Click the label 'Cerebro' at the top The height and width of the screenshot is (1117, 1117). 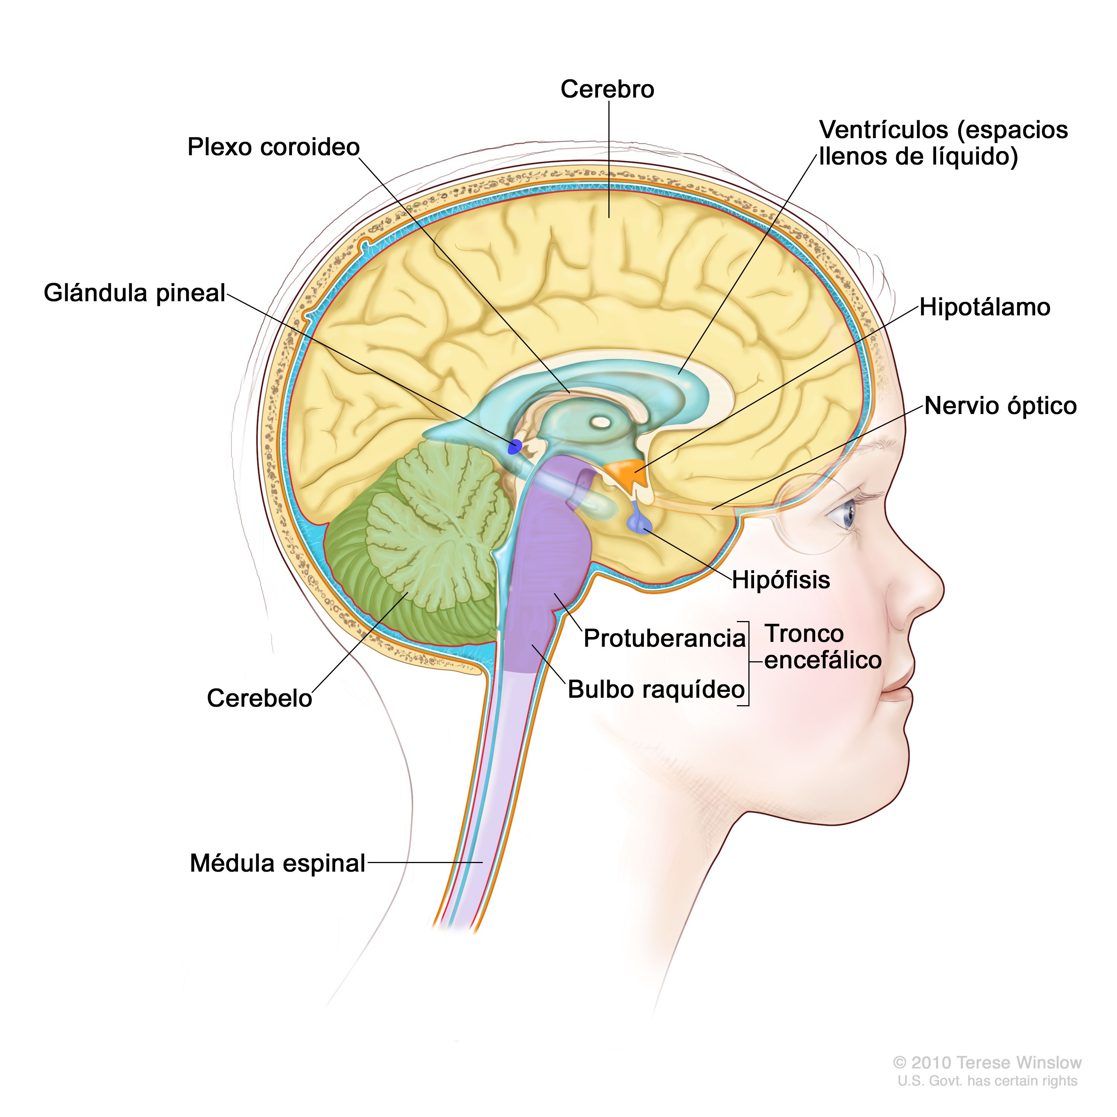(x=607, y=90)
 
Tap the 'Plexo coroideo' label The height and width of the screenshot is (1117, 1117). (x=273, y=147)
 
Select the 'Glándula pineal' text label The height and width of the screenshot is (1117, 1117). (x=134, y=293)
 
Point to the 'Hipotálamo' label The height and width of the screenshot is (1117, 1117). (x=984, y=307)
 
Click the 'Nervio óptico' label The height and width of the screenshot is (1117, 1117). (x=1000, y=406)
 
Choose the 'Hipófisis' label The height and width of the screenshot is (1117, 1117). (x=780, y=580)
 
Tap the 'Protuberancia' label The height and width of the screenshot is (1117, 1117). (x=664, y=638)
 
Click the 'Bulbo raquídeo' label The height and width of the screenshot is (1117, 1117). (x=656, y=689)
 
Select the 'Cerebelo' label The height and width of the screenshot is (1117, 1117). (x=259, y=698)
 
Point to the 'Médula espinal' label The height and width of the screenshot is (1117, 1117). (x=277, y=863)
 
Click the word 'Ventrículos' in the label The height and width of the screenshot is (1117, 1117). (x=885, y=130)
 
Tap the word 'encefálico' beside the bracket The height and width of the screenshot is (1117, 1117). (x=823, y=660)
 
